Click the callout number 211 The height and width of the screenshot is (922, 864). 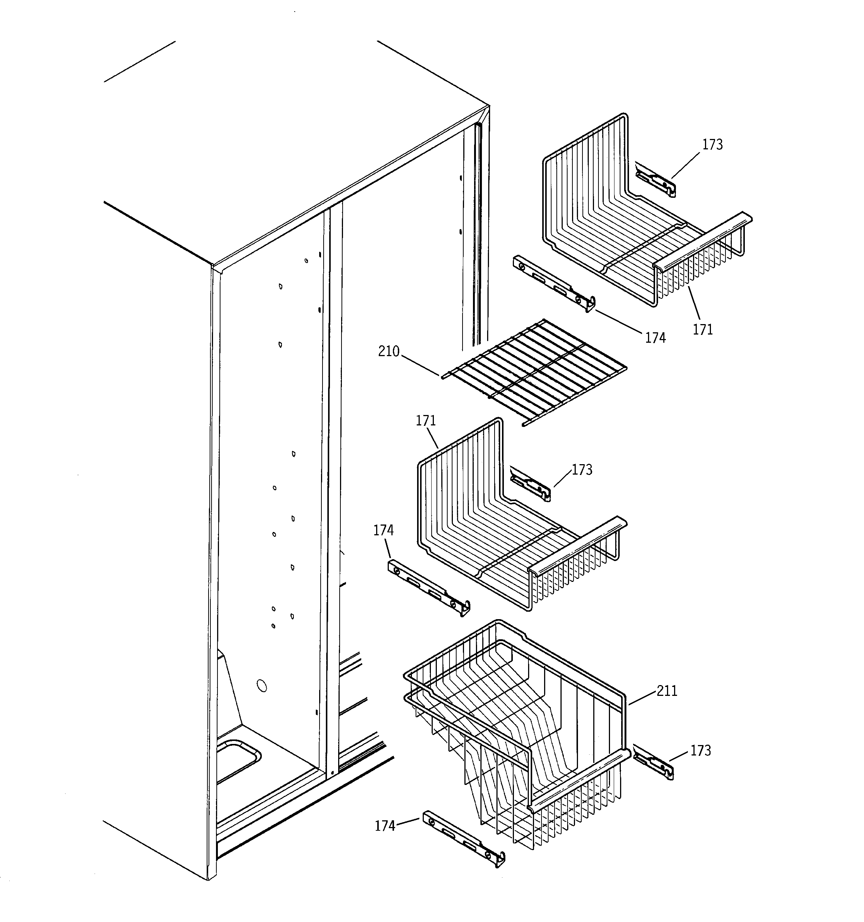(x=667, y=691)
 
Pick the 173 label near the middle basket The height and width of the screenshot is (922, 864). (x=582, y=470)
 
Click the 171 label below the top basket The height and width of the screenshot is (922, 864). (x=703, y=330)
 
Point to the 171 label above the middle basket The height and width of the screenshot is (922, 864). (x=425, y=421)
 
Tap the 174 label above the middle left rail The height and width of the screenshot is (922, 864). (x=383, y=530)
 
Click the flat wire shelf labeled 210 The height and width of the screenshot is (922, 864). (x=533, y=371)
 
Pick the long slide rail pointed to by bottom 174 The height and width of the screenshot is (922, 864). (x=464, y=839)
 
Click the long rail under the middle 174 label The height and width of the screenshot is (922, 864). (x=429, y=587)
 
